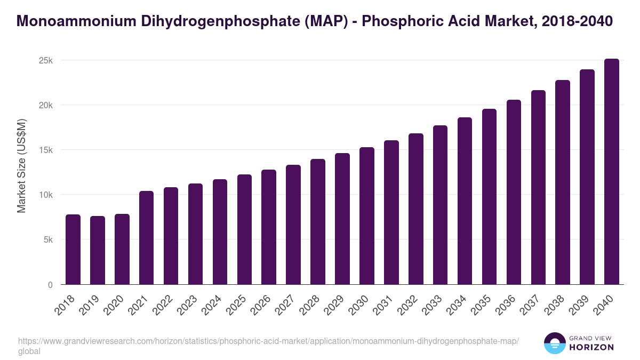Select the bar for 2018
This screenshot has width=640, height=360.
[x=73, y=250]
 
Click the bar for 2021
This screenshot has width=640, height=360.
[x=146, y=238]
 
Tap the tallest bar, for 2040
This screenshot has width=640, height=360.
[x=612, y=172]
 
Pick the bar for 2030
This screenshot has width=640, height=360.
[x=367, y=216]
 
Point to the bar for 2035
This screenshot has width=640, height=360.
[x=489, y=197]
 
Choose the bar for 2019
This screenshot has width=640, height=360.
[x=98, y=250]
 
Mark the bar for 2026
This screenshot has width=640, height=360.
[x=269, y=227]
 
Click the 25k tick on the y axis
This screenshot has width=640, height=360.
[x=45, y=60]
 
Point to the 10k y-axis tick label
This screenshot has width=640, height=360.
[x=45, y=195]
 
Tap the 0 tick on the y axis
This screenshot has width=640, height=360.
[x=50, y=285]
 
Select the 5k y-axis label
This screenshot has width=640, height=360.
[x=47, y=240]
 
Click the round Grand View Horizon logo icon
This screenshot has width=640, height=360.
[x=554, y=343]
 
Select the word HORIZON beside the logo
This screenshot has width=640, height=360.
[x=591, y=347]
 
